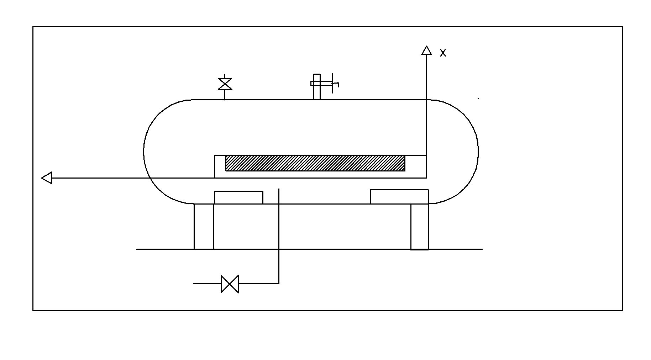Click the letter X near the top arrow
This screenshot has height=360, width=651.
pyautogui.click(x=443, y=53)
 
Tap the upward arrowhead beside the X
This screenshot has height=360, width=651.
pyautogui.click(x=426, y=51)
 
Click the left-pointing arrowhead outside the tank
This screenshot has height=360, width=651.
pyautogui.click(x=47, y=178)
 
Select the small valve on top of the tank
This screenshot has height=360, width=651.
pyautogui.click(x=225, y=84)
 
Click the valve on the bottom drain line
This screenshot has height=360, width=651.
pyautogui.click(x=230, y=284)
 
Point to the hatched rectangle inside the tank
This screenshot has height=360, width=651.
pyautogui.click(x=315, y=163)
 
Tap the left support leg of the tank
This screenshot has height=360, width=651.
pyautogui.click(x=204, y=226)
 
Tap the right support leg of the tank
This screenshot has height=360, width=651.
pyautogui.click(x=420, y=226)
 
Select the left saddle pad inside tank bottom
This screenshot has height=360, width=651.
pyautogui.click(x=238, y=197)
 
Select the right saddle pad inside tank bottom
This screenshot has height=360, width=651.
pyautogui.click(x=399, y=197)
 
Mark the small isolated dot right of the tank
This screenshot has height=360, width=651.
pyautogui.click(x=478, y=98)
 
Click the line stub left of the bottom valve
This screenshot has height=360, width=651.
pyautogui.click(x=207, y=284)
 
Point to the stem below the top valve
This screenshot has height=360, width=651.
pyautogui.click(x=225, y=95)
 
